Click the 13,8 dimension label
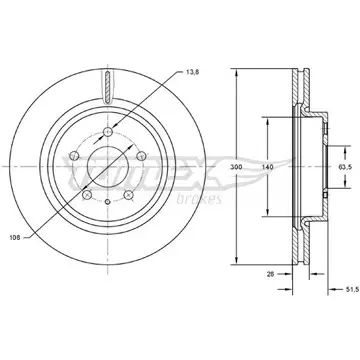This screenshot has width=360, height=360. click(x=192, y=72)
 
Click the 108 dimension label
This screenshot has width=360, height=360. click(x=15, y=238)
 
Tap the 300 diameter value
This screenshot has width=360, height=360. click(x=236, y=167)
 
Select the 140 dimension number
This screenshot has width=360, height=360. click(x=267, y=167)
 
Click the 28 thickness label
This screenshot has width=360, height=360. click(x=271, y=274)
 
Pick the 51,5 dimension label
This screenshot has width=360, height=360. click(x=352, y=290)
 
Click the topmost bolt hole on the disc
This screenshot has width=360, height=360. click(x=108, y=132)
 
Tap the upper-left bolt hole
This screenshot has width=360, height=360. click(x=74, y=155)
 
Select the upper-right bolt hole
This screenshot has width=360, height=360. click(x=141, y=155)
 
